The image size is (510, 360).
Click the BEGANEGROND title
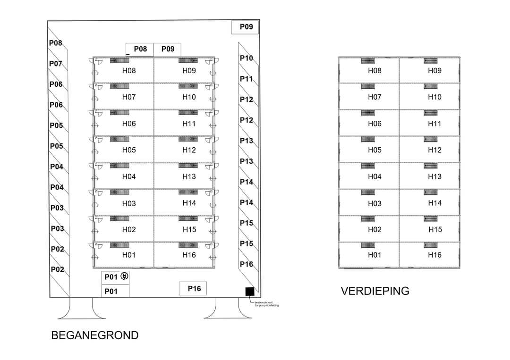click(x=94, y=335)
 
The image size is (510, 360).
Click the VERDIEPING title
click(x=375, y=291)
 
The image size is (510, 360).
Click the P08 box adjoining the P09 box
click(x=140, y=49)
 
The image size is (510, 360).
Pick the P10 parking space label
click(x=246, y=59)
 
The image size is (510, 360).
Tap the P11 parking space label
click(x=246, y=79)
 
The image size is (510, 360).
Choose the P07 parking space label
click(x=56, y=64)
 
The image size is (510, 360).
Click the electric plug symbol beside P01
click(x=124, y=276)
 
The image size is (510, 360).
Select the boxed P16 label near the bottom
click(x=193, y=288)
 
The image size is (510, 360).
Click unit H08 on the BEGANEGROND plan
click(x=129, y=71)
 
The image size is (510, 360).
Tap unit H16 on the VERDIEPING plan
click(x=434, y=255)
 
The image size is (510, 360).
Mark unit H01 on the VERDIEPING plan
click(x=374, y=255)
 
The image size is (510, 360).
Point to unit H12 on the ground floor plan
click(x=189, y=150)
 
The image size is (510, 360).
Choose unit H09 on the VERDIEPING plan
click(x=434, y=71)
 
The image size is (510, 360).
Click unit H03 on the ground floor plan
click(x=129, y=203)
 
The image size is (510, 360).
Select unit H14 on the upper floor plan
click(x=434, y=203)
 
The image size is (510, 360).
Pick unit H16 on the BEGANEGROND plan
click(x=189, y=255)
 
